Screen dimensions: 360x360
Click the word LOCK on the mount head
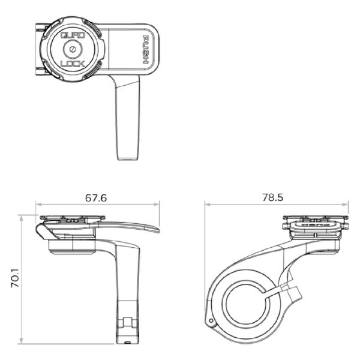(x=72, y=63)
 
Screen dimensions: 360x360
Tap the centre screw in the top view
(x=72, y=49)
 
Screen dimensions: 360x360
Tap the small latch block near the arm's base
(x=127, y=325)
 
